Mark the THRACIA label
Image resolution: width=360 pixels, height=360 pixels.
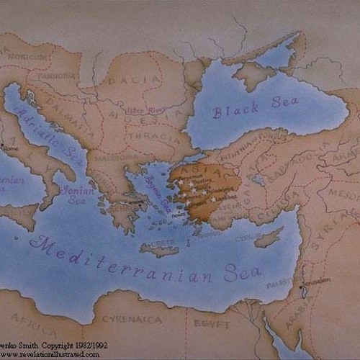[158, 135]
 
